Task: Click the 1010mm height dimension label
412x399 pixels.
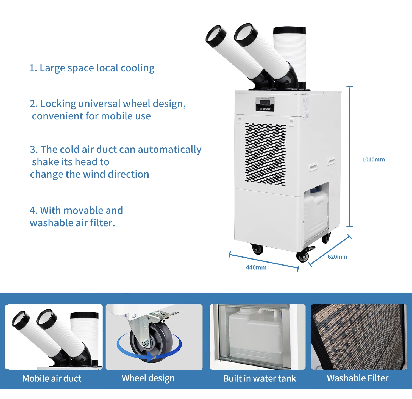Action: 373,160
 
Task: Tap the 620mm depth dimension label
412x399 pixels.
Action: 337,257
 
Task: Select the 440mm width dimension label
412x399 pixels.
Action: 256,267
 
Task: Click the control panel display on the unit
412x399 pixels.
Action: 265,104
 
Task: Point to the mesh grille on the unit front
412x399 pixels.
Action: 265,154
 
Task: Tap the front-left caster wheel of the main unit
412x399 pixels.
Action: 258,249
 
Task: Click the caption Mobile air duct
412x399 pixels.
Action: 52,378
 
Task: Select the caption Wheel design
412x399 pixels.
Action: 148,378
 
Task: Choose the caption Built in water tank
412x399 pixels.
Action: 260,378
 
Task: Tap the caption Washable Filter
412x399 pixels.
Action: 357,378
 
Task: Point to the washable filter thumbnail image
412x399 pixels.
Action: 359,337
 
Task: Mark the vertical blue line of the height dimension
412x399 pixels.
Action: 349,157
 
